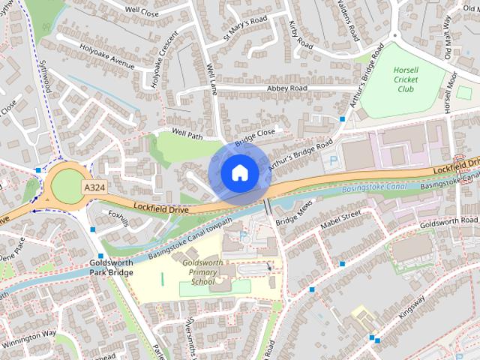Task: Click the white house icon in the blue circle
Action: click(x=238, y=172)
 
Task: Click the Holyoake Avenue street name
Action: click(x=108, y=56)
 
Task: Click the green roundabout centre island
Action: click(x=67, y=186)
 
